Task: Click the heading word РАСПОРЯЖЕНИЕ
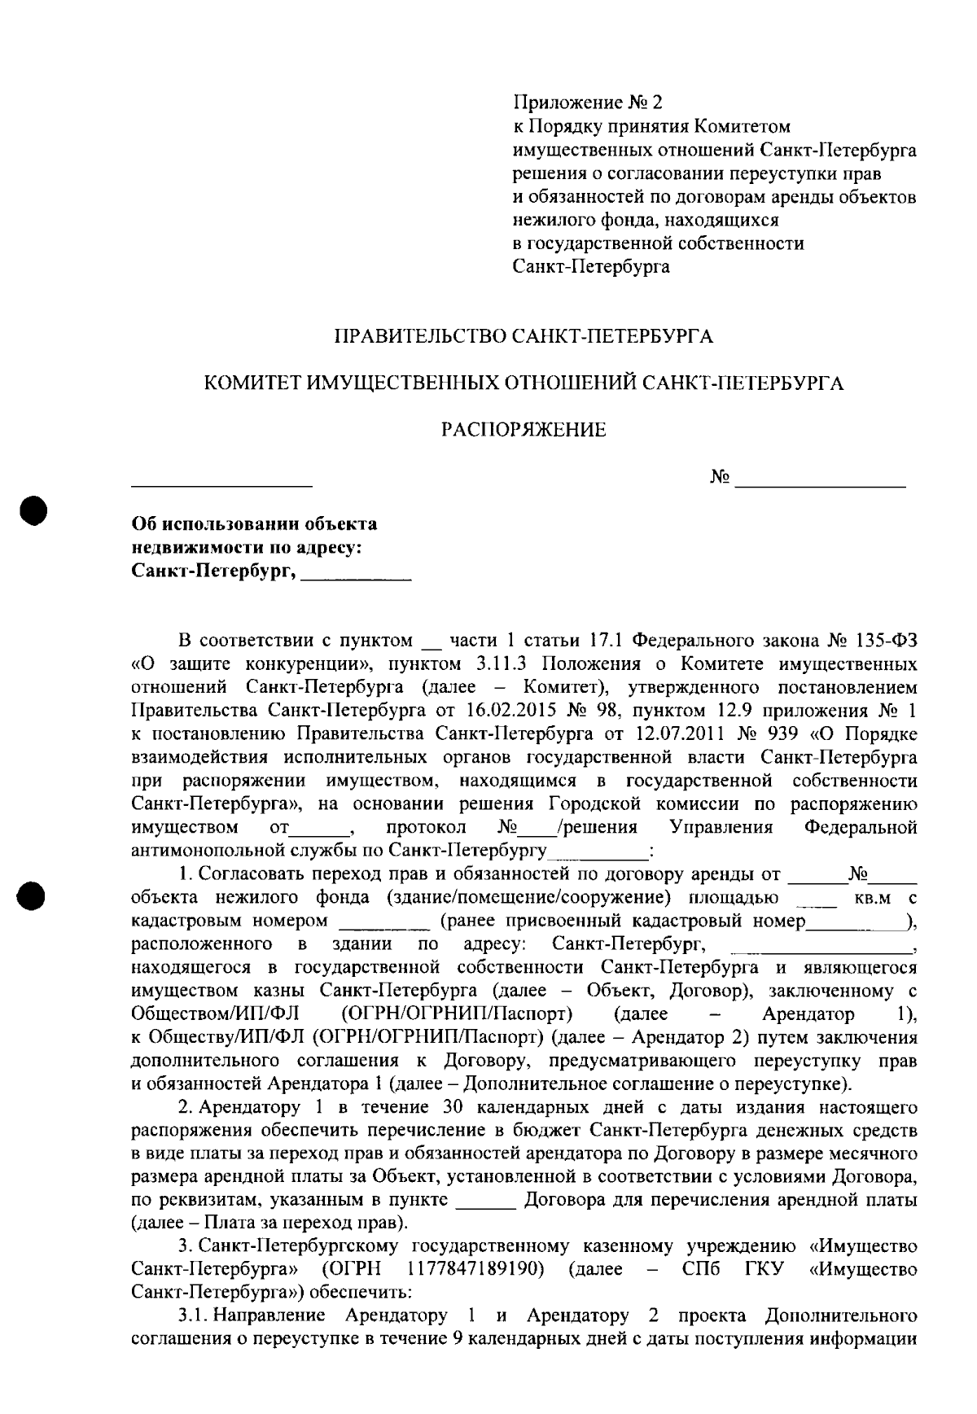(524, 430)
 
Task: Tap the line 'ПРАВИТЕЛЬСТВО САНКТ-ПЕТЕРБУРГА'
(524, 336)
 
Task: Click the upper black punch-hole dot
(35, 510)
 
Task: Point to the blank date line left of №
(222, 484)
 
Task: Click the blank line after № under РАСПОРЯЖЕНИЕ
(820, 484)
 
